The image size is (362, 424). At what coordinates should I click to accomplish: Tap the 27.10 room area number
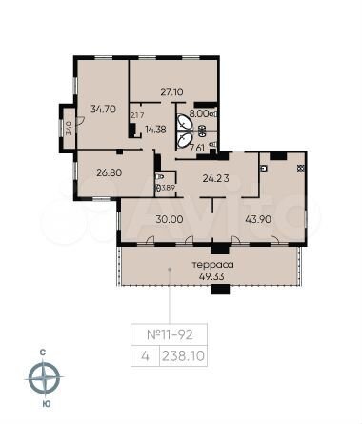pyautogui.click(x=171, y=92)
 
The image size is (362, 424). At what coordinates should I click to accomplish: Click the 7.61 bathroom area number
pyautogui.click(x=197, y=148)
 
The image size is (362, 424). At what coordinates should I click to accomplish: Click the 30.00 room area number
pyautogui.click(x=169, y=219)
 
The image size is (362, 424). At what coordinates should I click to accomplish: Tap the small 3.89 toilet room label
pyautogui.click(x=166, y=187)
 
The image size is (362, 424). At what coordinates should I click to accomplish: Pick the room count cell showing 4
pyautogui.click(x=144, y=356)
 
